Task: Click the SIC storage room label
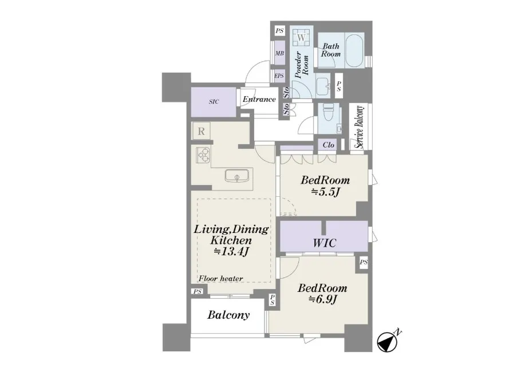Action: point(214,102)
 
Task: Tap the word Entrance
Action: point(259,99)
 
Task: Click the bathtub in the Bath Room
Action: point(355,50)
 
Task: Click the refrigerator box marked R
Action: point(201,131)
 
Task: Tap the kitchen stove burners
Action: point(203,155)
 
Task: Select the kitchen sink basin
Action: point(237,176)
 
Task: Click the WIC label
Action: point(324,243)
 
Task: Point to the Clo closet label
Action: point(328,145)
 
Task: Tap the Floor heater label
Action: point(221,278)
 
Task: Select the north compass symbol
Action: point(387,341)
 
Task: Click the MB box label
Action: point(279,53)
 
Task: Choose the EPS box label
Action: point(279,76)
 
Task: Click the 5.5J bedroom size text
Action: point(325,192)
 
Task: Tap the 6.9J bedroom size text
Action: point(323,299)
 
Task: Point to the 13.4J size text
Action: point(231,251)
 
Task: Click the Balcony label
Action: point(228,315)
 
